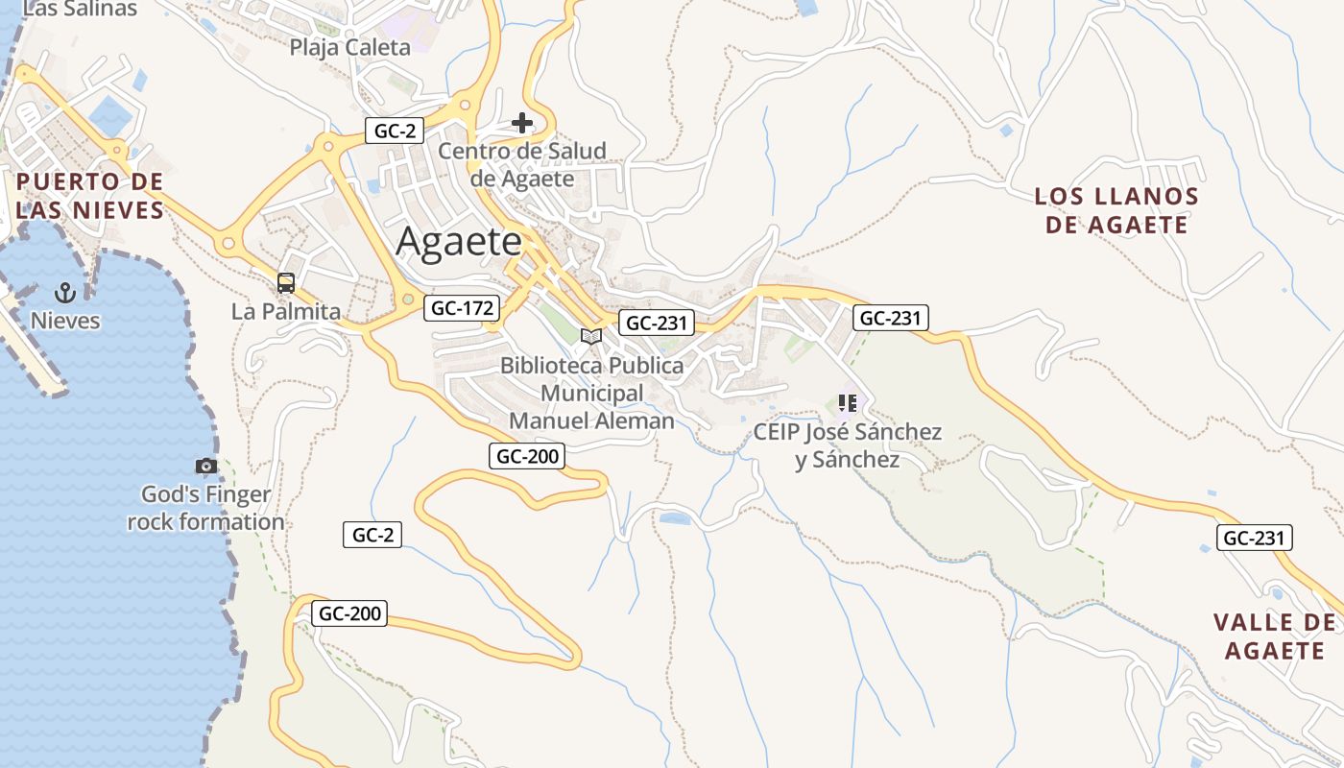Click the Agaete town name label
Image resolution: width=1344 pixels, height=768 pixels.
[459, 241]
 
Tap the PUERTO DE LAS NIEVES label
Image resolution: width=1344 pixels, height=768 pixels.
[90, 196]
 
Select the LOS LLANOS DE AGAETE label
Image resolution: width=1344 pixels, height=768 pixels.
[1116, 211]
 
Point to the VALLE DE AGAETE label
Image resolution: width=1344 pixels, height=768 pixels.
[1275, 636]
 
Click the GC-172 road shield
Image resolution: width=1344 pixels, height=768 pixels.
[463, 308]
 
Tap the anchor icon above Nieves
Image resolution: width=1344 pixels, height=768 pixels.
[65, 292]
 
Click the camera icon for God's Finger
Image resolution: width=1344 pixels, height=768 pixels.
[205, 467]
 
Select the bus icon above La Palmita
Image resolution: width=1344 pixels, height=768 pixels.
[286, 282]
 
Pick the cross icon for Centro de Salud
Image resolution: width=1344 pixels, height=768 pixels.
[522, 123]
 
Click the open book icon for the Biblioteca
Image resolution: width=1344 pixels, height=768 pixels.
[591, 336]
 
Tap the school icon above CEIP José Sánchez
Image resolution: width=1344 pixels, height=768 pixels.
[847, 403]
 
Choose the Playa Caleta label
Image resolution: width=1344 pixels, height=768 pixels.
[349, 47]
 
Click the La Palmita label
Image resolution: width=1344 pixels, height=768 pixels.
[286, 311]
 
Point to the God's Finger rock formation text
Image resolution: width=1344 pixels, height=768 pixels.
[205, 509]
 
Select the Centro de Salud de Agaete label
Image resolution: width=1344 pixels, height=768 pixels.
[522, 165]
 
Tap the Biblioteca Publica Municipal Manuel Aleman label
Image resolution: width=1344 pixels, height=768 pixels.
[592, 394]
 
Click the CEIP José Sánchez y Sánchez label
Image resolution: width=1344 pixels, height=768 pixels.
[847, 446]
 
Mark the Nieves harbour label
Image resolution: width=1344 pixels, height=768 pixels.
[65, 321]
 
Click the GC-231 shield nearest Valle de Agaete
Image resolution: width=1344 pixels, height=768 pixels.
[1254, 539]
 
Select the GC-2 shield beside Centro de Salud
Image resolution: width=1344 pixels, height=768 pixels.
[394, 132]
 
